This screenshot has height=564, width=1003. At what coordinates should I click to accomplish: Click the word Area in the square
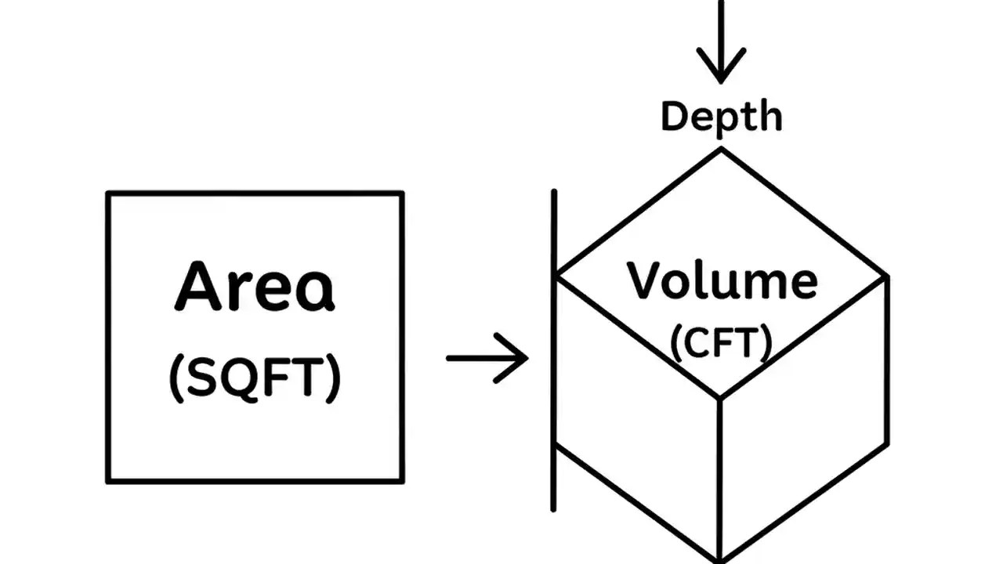click(x=255, y=287)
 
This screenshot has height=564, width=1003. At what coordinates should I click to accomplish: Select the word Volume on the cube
click(x=722, y=280)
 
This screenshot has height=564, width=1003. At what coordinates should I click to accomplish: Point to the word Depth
click(x=722, y=117)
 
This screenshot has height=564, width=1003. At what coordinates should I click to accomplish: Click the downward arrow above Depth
click(x=721, y=47)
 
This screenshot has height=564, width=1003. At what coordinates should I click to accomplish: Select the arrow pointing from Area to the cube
click(x=487, y=359)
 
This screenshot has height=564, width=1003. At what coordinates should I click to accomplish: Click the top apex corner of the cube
click(x=721, y=150)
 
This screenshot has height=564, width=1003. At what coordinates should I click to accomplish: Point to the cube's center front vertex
click(x=720, y=398)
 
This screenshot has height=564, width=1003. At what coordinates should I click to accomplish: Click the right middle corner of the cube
click(x=887, y=277)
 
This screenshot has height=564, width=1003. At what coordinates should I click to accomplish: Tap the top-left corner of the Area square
click(x=108, y=193)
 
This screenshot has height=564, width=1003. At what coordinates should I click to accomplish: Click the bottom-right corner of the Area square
click(x=402, y=480)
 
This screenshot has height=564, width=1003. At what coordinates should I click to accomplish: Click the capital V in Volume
click(x=644, y=280)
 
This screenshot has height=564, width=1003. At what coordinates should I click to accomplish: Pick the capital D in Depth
click(x=675, y=116)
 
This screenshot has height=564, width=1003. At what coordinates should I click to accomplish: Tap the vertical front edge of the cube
click(x=720, y=478)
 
